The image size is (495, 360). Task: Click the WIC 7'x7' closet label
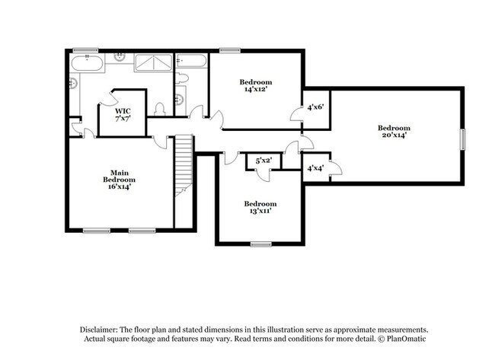point(123,115)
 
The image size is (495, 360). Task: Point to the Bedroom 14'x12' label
point(255,86)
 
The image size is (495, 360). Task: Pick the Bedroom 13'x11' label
point(260,207)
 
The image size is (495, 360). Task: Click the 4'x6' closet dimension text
point(315,107)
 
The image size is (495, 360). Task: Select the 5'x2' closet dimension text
point(263,161)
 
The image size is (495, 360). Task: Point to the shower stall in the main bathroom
point(153,62)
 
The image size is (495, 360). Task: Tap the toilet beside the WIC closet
point(160,109)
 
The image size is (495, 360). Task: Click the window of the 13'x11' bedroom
point(260,244)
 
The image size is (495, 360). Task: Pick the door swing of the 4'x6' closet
point(297,115)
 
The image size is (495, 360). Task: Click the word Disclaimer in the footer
point(101,328)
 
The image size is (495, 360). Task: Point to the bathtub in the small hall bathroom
point(192,62)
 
